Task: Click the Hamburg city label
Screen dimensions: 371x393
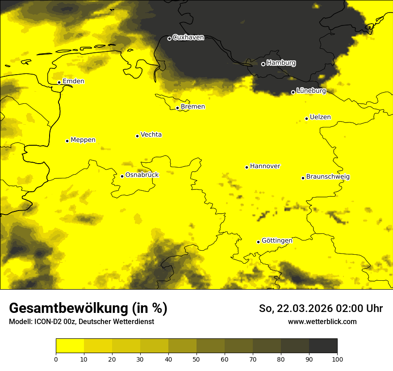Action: point(281,63)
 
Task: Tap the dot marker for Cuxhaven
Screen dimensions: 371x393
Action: point(169,38)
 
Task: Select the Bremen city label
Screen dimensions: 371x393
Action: point(193,107)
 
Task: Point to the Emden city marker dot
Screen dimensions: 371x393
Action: point(59,82)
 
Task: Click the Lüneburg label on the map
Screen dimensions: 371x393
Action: point(311,91)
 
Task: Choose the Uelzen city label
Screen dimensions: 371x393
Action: point(320,117)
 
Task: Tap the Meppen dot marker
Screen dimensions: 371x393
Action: point(67,141)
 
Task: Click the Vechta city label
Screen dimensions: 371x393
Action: point(151,135)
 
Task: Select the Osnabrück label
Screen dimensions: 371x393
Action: point(142,175)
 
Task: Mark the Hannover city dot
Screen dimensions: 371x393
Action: point(247,167)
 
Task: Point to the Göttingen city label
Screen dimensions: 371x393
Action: point(277,240)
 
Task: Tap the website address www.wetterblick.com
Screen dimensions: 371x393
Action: point(322,321)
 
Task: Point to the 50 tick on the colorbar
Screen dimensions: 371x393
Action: point(196,359)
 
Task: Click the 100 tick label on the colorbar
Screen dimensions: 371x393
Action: point(337,359)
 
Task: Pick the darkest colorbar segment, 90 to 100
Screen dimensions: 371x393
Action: point(323,346)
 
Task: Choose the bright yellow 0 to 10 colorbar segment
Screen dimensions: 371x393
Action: point(70,346)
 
